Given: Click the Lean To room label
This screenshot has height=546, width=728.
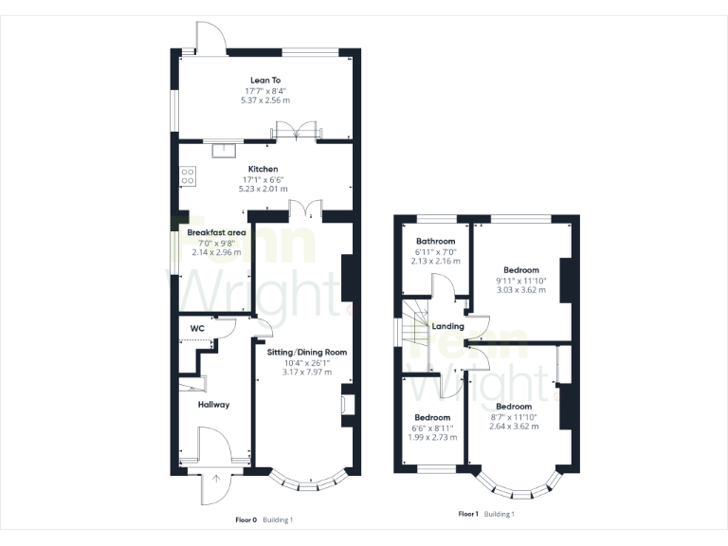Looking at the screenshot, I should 265,81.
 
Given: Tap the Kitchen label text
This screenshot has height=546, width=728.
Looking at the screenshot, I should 264,169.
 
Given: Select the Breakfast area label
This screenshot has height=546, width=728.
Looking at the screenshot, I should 216,232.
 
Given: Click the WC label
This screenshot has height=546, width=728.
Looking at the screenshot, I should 197,329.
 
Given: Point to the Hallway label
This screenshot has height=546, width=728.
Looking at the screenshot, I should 213,405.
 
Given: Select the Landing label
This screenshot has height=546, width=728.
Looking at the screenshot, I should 447,327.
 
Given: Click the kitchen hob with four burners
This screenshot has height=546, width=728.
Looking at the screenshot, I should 188,175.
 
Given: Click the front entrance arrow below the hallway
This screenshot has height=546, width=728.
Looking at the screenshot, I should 216,479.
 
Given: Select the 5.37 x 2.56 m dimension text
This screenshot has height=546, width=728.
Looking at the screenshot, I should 265,100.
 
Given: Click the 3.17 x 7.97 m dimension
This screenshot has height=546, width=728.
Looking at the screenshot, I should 307,372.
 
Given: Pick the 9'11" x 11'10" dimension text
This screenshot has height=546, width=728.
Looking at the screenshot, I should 521,280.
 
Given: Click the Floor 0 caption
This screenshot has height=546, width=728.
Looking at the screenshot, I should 246,520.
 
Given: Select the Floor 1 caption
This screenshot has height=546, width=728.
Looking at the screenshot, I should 468,514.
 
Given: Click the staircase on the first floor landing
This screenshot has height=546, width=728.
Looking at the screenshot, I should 415,332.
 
